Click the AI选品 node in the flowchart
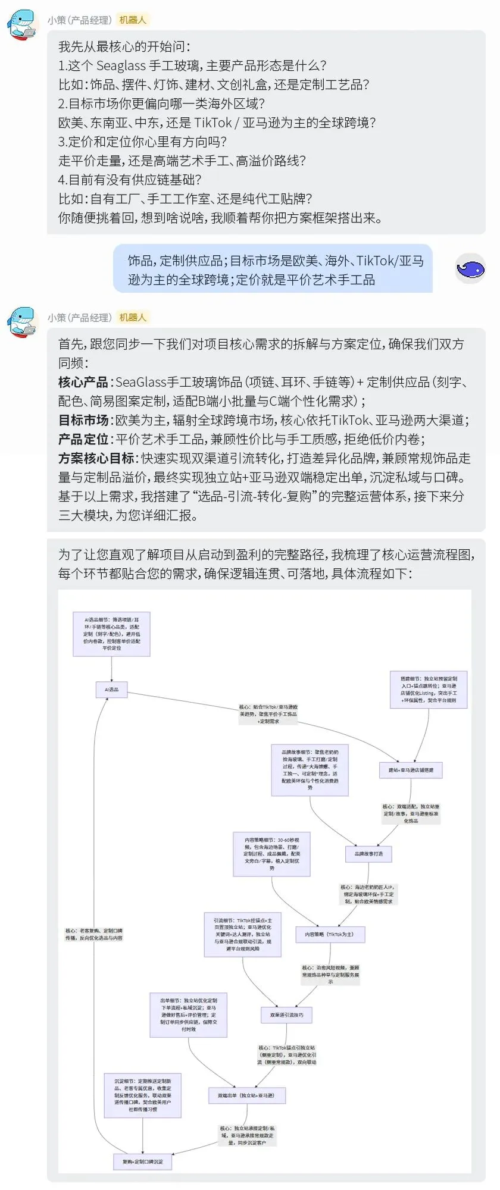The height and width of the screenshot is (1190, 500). coord(111,690)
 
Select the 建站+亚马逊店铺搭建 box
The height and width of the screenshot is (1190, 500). coord(411,770)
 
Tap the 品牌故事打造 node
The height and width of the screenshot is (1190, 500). coord(368,854)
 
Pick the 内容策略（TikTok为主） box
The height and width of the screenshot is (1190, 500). coord(329,934)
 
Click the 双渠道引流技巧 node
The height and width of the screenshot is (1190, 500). coord(286,1015)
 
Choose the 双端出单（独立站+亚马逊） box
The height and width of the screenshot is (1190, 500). coord(245,1095)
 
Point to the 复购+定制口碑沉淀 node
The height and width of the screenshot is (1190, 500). coord(142,1161)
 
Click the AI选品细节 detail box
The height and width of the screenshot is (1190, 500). coord(111,634)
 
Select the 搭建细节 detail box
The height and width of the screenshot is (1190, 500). coord(428,689)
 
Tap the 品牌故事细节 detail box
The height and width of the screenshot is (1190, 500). coord(310,769)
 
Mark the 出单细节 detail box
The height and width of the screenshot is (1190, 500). coord(188,1014)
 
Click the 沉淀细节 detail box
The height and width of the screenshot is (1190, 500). coord(142,1095)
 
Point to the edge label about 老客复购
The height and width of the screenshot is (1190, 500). coord(94,934)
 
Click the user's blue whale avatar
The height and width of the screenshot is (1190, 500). coord(470,268)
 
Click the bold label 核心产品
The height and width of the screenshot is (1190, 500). coord(83,382)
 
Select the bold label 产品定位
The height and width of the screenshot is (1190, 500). coord(83,439)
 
